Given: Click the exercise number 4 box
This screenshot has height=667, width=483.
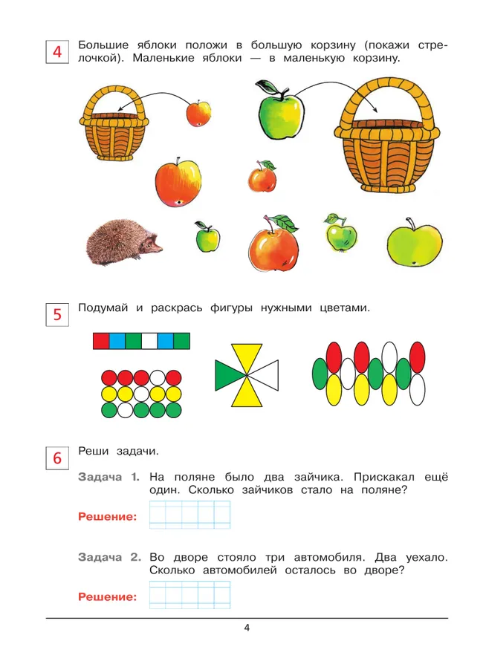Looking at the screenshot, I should click(x=56, y=53).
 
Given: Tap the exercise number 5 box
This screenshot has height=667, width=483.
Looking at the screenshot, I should click(x=56, y=315).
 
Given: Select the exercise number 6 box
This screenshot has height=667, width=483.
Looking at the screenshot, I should click(x=56, y=458).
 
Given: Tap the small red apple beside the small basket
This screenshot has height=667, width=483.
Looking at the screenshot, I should click(x=198, y=113).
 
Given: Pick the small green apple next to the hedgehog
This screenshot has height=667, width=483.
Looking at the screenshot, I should click(x=207, y=238).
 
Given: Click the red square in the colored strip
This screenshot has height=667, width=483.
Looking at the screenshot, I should click(x=101, y=341).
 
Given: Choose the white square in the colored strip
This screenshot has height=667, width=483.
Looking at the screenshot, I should click(x=149, y=341).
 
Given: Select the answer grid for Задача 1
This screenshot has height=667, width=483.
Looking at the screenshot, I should click(x=190, y=515).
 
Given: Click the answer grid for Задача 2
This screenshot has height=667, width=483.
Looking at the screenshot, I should click(x=190, y=595).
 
